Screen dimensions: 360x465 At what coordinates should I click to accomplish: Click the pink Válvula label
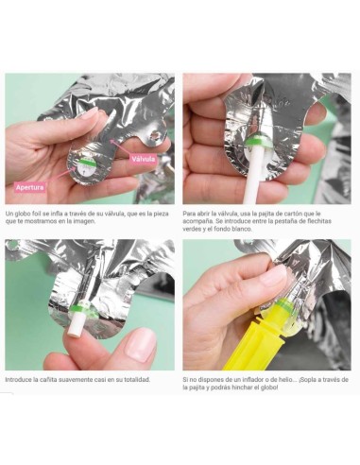click(144, 159)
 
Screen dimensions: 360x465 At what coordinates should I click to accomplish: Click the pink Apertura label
click(30, 187)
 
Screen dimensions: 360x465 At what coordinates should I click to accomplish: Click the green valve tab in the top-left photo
click(86, 163)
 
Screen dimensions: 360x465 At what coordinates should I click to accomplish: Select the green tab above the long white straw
click(258, 140)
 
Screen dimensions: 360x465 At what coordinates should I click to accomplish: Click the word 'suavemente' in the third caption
click(72, 380)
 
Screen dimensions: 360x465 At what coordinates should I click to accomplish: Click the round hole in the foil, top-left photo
click(154, 135)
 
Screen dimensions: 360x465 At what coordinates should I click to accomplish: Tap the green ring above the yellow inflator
click(284, 304)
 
